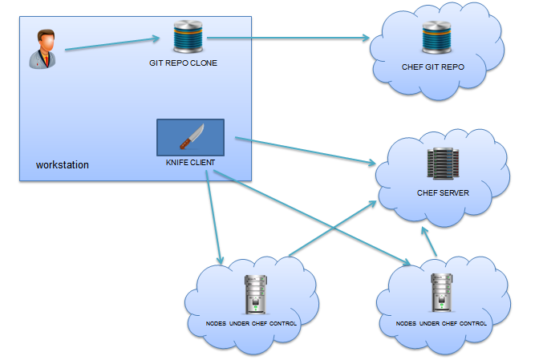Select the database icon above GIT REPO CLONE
click(189, 37)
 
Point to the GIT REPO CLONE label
click(183, 63)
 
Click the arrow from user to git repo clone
click(112, 44)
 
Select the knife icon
click(190, 137)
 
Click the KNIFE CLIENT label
click(189, 163)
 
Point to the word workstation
click(63, 165)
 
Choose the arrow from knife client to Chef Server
click(305, 152)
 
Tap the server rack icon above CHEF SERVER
click(442, 164)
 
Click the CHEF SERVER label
click(443, 193)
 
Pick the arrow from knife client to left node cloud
click(213, 216)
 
